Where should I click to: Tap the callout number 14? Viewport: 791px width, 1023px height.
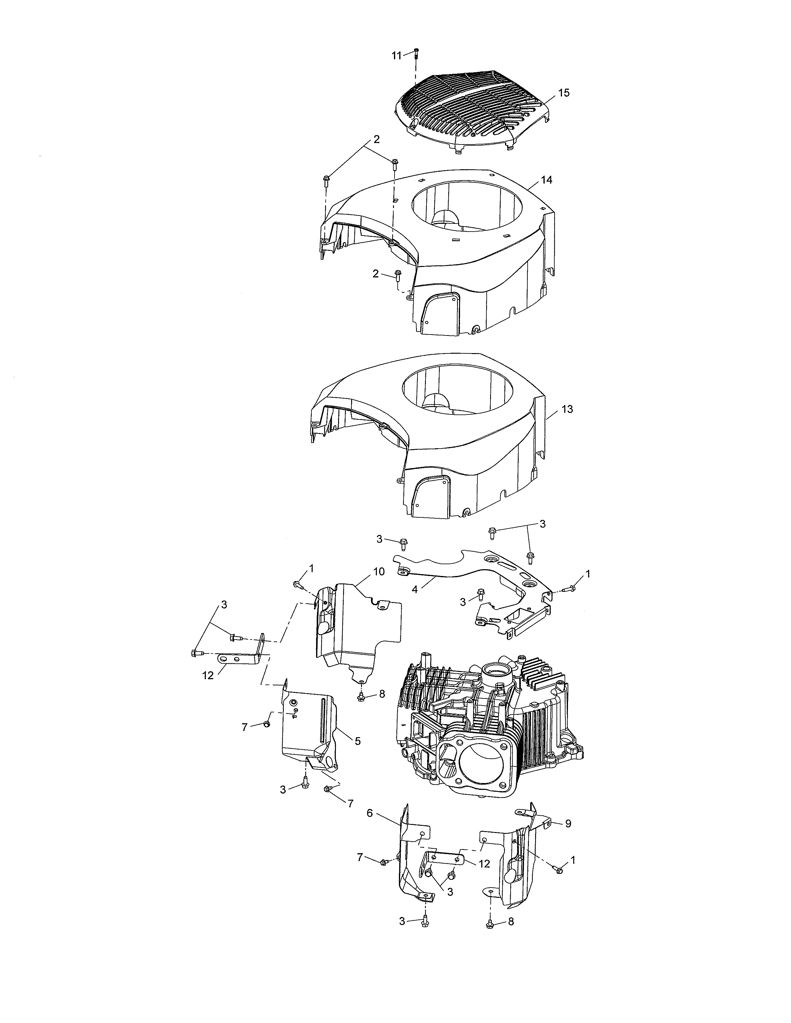pyautogui.click(x=546, y=180)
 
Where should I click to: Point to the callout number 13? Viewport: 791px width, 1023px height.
pyautogui.click(x=567, y=409)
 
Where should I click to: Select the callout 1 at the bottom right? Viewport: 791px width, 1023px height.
pyautogui.click(x=573, y=860)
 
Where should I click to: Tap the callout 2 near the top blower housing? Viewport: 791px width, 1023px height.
pyautogui.click(x=376, y=139)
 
